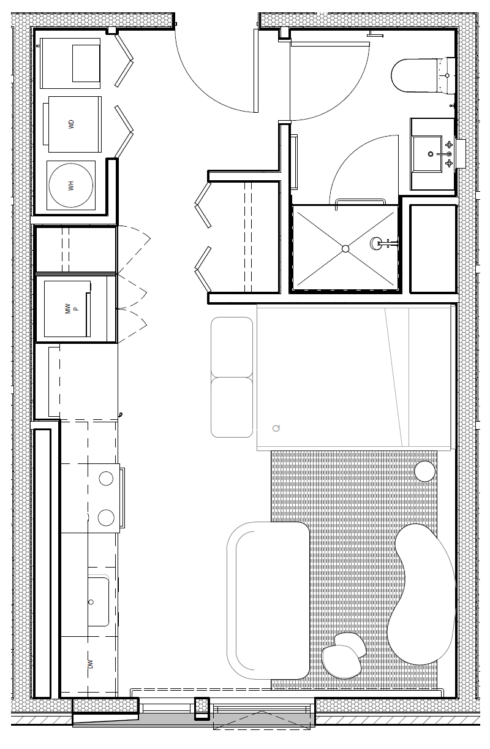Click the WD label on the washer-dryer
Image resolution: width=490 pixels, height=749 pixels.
click(71, 124)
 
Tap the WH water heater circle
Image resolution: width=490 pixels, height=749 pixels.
click(71, 185)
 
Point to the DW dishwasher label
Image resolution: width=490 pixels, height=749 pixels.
click(90, 664)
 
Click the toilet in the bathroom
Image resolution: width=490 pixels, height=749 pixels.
click(423, 75)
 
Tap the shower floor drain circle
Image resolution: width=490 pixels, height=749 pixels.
click(345, 249)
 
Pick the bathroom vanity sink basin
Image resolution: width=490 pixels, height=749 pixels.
click(428, 154)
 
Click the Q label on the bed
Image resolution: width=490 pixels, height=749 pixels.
click(276, 428)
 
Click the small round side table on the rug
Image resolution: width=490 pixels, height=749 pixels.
click(425, 471)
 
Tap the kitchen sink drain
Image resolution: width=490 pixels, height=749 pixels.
click(91, 602)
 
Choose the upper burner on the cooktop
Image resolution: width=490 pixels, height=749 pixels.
click(106, 479)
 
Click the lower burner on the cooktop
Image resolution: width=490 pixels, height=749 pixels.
click(106, 517)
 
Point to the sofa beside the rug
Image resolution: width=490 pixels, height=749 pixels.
click(268, 600)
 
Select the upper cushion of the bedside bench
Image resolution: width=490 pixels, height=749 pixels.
click(232, 347)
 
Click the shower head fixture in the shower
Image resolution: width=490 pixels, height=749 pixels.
click(375, 243)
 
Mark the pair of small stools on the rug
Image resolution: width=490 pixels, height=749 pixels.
click(344, 656)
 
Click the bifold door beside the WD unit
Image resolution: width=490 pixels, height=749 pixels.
click(124, 131)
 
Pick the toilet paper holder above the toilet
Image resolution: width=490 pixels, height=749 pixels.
click(374, 34)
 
